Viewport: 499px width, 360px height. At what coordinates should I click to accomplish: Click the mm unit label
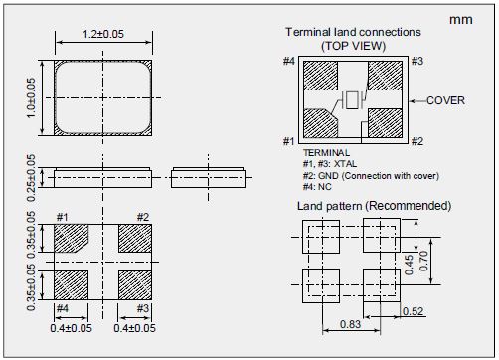[461, 20]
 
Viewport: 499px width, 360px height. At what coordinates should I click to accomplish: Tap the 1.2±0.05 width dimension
[103, 34]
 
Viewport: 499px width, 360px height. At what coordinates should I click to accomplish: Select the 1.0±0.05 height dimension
[31, 97]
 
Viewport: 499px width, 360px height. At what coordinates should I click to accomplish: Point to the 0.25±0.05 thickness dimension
[31, 178]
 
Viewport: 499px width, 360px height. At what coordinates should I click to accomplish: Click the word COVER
[445, 100]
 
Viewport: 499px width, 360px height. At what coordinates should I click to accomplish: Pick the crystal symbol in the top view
[352, 99]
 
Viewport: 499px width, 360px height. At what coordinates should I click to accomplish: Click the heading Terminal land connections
[353, 32]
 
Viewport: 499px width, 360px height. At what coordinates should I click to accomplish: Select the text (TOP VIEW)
[353, 46]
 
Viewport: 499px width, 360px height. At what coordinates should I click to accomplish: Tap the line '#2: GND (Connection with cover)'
[371, 176]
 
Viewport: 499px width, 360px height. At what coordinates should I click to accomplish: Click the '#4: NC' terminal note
[317, 187]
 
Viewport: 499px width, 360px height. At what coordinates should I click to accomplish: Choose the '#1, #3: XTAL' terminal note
[330, 164]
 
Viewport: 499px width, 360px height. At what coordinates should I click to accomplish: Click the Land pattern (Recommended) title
[374, 206]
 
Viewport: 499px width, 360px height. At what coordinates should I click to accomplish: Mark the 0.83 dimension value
[350, 324]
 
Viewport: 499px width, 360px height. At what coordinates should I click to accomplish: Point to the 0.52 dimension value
[414, 311]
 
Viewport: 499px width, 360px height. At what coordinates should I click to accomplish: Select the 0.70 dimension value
[423, 261]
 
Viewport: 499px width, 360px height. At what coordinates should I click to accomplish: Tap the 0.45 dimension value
[410, 265]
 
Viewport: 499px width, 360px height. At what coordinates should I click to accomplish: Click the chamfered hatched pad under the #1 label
[71, 238]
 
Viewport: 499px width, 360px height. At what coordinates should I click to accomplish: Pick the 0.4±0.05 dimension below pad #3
[134, 328]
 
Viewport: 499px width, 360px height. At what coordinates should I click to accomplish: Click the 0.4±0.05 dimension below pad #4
[71, 328]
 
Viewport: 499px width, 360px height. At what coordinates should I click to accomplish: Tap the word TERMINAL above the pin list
[326, 153]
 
